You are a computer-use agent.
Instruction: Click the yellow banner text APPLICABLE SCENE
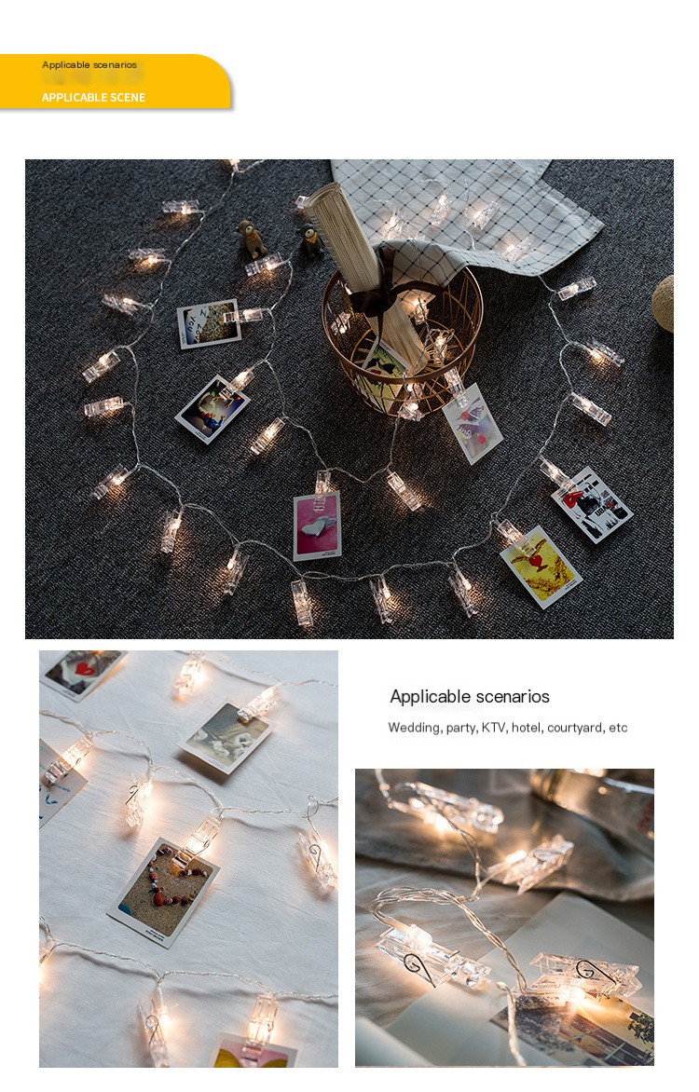pyautogui.click(x=93, y=98)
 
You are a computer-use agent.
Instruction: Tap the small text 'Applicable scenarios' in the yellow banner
pyautogui.click(x=89, y=65)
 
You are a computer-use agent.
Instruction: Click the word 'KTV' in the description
pyautogui.click(x=493, y=728)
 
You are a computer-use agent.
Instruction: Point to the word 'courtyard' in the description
pyautogui.click(x=574, y=728)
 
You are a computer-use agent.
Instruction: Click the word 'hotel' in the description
pyautogui.click(x=526, y=728)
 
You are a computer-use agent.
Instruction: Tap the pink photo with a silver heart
pyautogui.click(x=317, y=526)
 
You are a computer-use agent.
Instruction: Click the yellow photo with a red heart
pyautogui.click(x=541, y=566)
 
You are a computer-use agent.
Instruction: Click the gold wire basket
pyautogui.click(x=402, y=341)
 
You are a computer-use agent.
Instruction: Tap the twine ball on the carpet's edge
pyautogui.click(x=664, y=303)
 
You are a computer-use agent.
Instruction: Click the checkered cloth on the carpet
pyautogui.click(x=467, y=209)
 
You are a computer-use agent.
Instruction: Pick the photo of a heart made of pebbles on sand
pyautogui.click(x=164, y=892)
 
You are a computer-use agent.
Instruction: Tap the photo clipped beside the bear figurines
pyautogui.click(x=209, y=324)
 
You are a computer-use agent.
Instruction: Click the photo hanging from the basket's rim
pyautogui.click(x=473, y=423)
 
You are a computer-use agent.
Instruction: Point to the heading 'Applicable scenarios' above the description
pyautogui.click(x=470, y=696)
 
